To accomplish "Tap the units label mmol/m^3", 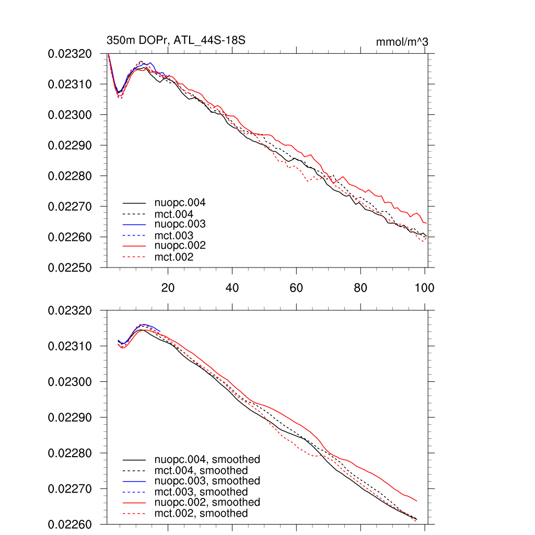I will pyautogui.click(x=402, y=42).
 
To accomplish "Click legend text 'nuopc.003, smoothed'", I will pyautogui.click(x=207, y=481).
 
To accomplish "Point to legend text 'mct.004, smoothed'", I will pyautogui.click(x=201, y=470).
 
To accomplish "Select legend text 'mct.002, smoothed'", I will pyautogui.click(x=201, y=514).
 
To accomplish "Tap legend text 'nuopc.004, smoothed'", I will pyautogui.click(x=207, y=460).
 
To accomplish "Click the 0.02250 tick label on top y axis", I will pyautogui.click(x=69, y=267).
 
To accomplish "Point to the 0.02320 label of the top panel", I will pyautogui.click(x=69, y=53).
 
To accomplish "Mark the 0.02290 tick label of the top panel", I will pyautogui.click(x=69, y=145).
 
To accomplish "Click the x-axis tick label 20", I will pyautogui.click(x=168, y=288).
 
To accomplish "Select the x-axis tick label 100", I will pyautogui.click(x=424, y=288).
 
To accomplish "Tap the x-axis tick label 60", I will pyautogui.click(x=296, y=288).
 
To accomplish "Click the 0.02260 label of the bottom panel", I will pyautogui.click(x=69, y=524).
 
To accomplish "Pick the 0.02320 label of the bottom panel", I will pyautogui.click(x=69, y=310).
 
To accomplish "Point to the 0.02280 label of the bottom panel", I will pyautogui.click(x=69, y=453).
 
